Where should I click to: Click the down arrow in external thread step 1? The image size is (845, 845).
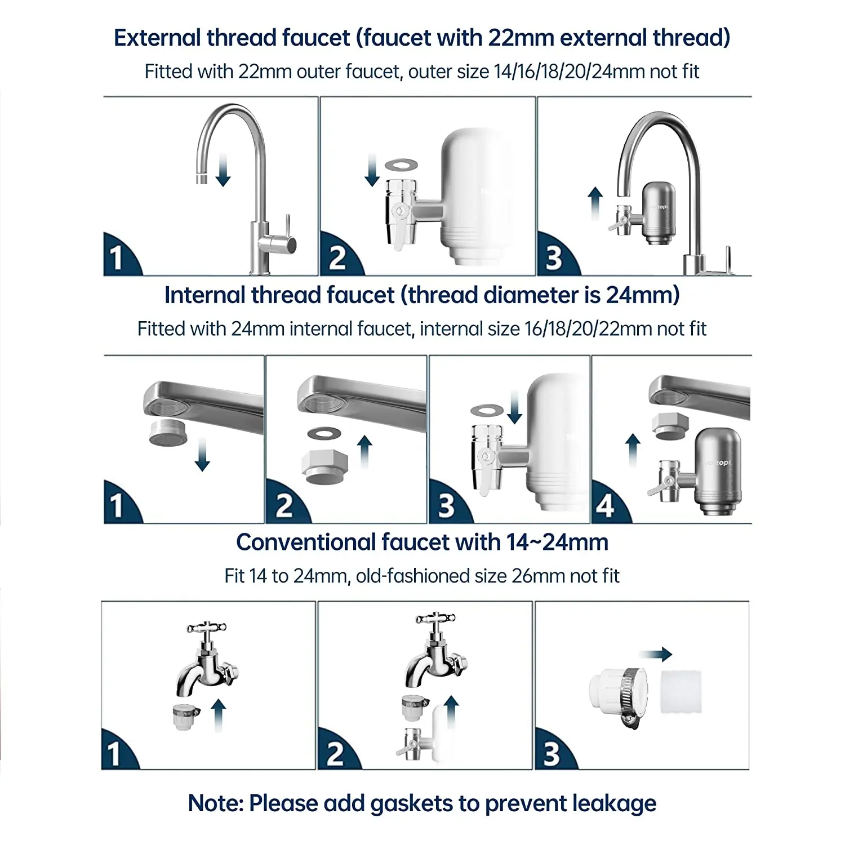(223, 171)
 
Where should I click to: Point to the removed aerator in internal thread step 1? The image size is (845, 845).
(168, 432)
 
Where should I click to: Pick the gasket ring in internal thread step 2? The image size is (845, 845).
(324, 433)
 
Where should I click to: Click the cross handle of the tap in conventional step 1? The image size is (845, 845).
(206, 627)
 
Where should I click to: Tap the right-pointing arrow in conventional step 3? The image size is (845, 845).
(656, 654)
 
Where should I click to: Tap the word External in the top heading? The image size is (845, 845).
(157, 38)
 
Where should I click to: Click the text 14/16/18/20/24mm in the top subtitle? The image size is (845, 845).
(569, 72)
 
